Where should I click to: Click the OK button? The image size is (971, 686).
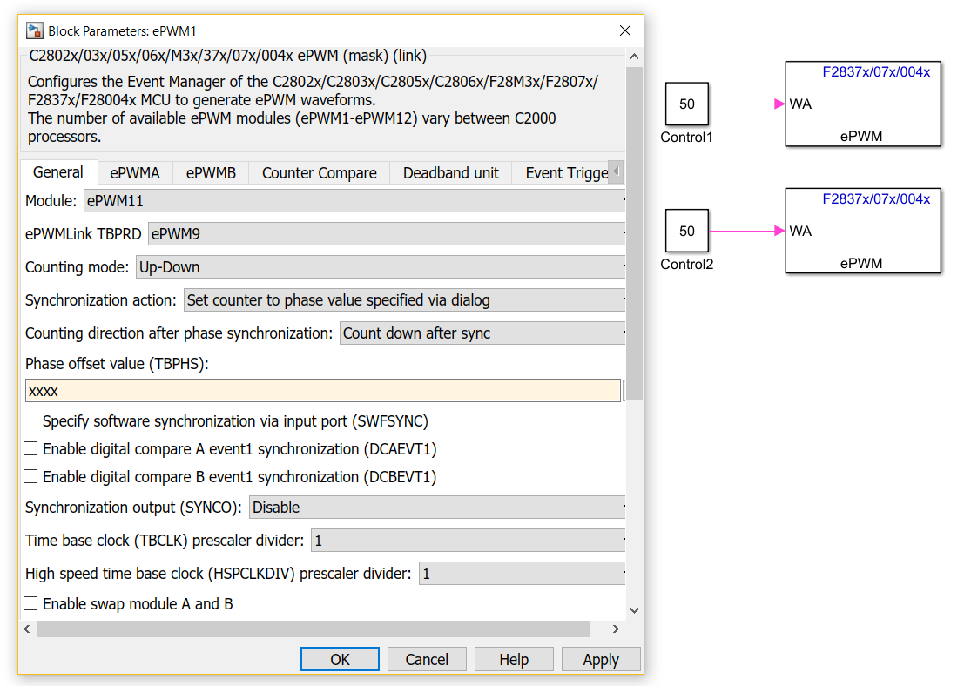[x=340, y=659]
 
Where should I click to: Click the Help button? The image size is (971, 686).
[x=513, y=659]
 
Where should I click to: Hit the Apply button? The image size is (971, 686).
[x=601, y=659]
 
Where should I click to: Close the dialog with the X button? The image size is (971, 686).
[x=625, y=30]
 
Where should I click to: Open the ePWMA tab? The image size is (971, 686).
[x=134, y=172]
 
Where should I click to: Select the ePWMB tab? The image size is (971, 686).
[x=211, y=172]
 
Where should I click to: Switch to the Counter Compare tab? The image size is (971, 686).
[x=319, y=172]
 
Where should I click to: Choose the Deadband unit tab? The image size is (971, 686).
[x=450, y=172]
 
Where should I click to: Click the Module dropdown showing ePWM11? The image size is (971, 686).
[x=354, y=201]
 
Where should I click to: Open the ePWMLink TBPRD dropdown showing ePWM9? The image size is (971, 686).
[x=387, y=234]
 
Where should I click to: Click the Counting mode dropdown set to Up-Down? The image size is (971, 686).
[x=381, y=267]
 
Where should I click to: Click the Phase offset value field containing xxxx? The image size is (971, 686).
[x=322, y=391]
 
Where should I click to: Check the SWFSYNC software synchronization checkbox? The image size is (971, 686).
[x=30, y=421]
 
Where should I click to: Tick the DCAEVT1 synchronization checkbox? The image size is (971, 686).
[x=30, y=449]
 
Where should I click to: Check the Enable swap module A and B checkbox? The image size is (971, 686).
[x=30, y=603]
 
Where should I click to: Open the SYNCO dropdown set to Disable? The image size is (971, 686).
[x=437, y=508]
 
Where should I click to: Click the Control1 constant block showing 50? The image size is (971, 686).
[x=687, y=104]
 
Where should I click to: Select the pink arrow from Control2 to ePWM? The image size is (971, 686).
[x=747, y=231]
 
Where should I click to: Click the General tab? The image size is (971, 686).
[x=58, y=172]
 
